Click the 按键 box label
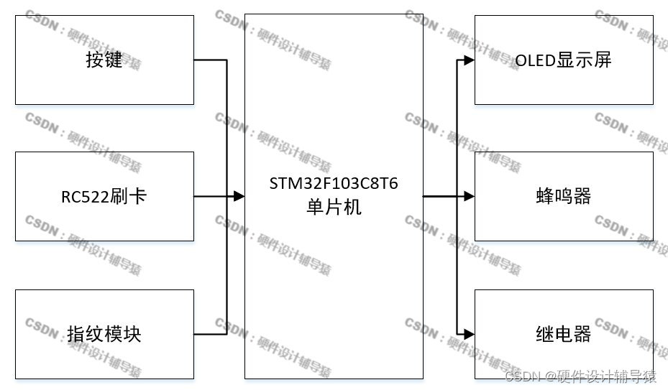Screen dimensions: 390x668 [x=104, y=60]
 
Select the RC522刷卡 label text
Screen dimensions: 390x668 [x=104, y=196]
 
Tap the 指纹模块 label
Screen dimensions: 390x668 [x=104, y=334]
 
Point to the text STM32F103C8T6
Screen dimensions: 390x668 [x=334, y=183]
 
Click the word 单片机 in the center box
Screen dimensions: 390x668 [x=334, y=208]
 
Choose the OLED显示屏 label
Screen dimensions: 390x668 [x=563, y=60]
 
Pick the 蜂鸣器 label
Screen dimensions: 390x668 [x=563, y=196]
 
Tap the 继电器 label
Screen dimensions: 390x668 [x=563, y=334]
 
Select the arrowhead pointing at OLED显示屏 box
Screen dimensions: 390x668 [x=469, y=60]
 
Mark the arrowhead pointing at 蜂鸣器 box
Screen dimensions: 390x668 [x=469, y=196]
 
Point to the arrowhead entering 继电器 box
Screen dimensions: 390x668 [x=469, y=334]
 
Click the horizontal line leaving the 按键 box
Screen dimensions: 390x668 [x=210, y=60]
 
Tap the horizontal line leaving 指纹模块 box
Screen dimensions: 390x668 [x=210, y=334]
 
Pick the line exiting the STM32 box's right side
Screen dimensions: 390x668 [x=439, y=196]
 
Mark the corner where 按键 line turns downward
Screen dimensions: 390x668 [x=227, y=60]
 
